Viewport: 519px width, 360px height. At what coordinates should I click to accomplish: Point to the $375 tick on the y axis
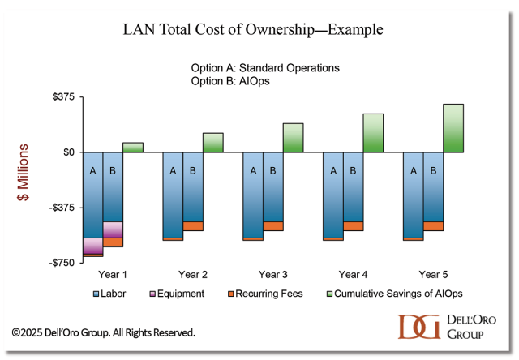[62, 97]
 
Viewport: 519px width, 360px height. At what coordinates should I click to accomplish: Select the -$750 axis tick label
[62, 263]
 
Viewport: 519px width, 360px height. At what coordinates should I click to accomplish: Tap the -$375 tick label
[62, 208]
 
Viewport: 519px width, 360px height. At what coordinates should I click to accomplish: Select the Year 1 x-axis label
[113, 274]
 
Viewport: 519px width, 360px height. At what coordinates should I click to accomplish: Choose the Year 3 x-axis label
[273, 274]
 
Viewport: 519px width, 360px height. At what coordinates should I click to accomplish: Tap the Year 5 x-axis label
[434, 274]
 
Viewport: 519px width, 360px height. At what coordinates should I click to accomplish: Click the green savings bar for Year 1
[133, 148]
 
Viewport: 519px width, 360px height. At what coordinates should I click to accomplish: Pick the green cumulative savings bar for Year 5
[453, 128]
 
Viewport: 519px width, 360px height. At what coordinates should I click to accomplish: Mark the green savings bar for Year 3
[293, 138]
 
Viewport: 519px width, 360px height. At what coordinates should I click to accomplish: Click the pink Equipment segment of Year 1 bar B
[113, 229]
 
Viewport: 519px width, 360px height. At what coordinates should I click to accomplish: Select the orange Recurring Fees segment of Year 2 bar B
[193, 226]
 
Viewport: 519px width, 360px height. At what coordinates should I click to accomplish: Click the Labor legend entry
[113, 294]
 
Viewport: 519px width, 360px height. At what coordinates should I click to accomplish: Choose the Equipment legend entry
[178, 294]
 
